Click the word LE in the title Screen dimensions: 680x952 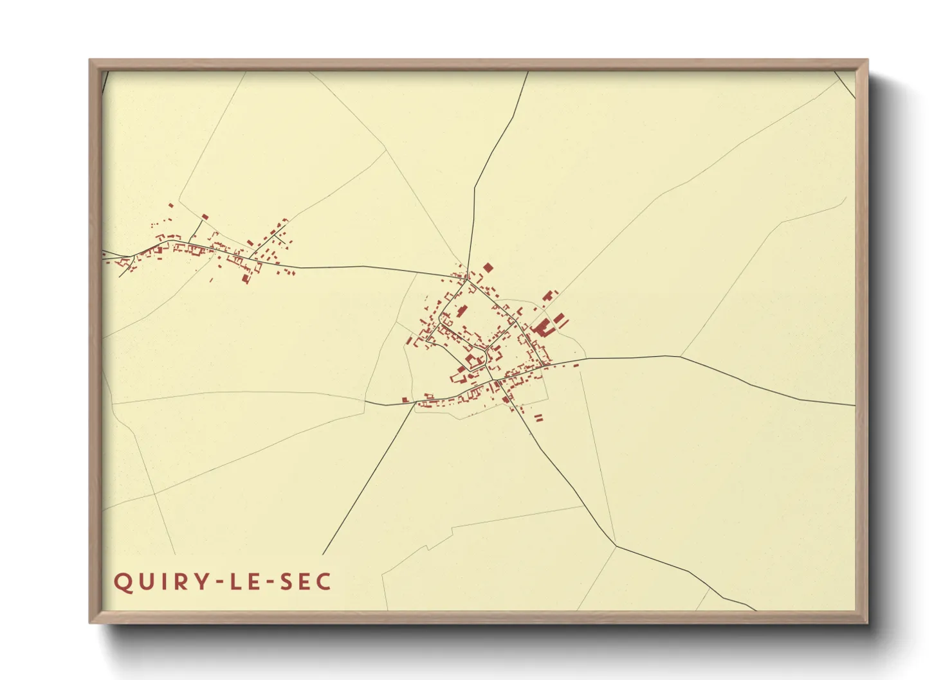coord(245,582)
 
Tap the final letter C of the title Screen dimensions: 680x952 coord(324,582)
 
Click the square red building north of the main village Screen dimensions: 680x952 coord(488,267)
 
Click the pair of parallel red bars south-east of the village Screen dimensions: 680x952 coord(538,418)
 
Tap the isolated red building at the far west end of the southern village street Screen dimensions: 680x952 coord(405,400)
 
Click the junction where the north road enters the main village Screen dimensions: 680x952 coord(468,279)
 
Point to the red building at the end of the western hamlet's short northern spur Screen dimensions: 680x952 coord(205,217)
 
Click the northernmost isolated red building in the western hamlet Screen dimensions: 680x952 coord(171,206)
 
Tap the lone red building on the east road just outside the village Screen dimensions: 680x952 coord(576,366)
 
